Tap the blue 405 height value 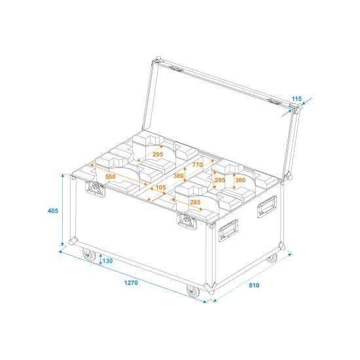click(x=53, y=211)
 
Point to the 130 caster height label click(x=107, y=261)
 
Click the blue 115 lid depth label click(x=296, y=99)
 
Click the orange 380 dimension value click(x=177, y=175)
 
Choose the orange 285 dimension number click(x=194, y=202)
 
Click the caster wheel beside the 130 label click(x=87, y=255)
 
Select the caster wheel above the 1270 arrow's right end click(x=192, y=291)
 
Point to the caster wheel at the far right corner click(x=271, y=258)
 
